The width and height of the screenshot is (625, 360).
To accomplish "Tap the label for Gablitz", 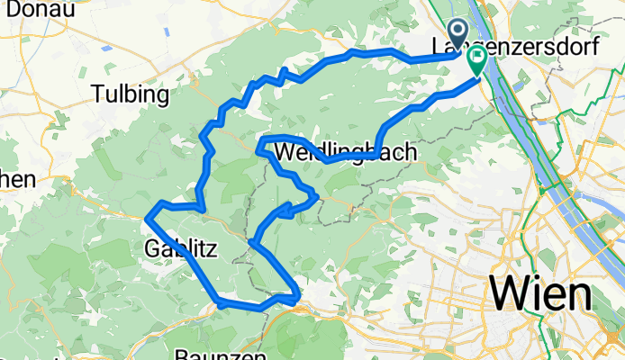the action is [179, 247].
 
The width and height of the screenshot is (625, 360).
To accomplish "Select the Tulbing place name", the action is [131, 94].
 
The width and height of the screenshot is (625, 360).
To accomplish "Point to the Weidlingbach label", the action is [345, 153].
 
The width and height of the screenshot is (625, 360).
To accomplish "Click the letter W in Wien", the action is [505, 293].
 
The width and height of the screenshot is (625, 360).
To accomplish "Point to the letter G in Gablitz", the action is [151, 247].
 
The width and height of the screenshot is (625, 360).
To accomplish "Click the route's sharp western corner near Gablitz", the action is [147, 216].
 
